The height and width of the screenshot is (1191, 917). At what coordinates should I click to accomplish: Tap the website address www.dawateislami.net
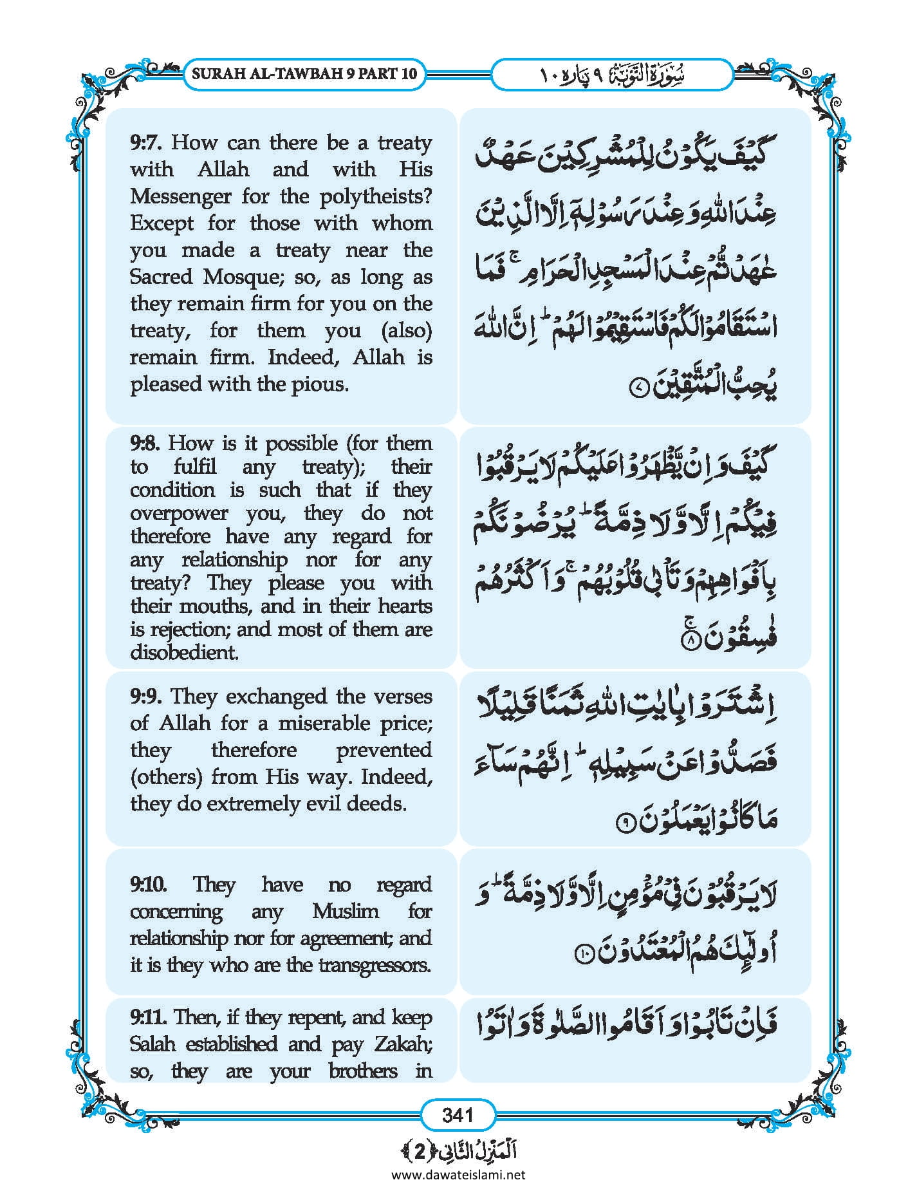(458, 1174)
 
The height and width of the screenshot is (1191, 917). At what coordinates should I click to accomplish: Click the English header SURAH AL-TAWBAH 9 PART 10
(304, 73)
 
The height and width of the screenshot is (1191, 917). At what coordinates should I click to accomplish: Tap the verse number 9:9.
(147, 696)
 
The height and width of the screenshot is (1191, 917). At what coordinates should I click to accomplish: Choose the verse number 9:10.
(149, 884)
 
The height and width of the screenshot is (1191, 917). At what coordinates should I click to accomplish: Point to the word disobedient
(184, 652)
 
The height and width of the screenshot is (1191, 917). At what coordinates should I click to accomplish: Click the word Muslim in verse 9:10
(346, 911)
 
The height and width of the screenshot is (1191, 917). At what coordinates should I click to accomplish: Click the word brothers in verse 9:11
(363, 1071)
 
